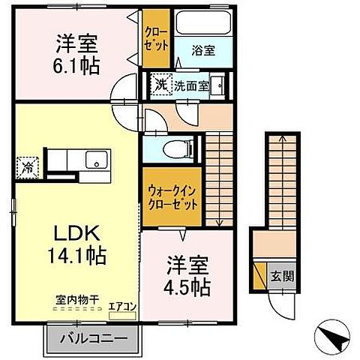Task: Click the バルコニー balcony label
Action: tap(95, 338)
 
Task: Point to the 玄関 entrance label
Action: tap(282, 275)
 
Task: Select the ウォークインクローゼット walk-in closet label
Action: tap(172, 196)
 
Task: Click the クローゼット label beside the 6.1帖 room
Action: tap(156, 37)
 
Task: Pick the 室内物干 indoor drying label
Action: tap(76, 299)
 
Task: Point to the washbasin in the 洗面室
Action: tap(217, 84)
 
